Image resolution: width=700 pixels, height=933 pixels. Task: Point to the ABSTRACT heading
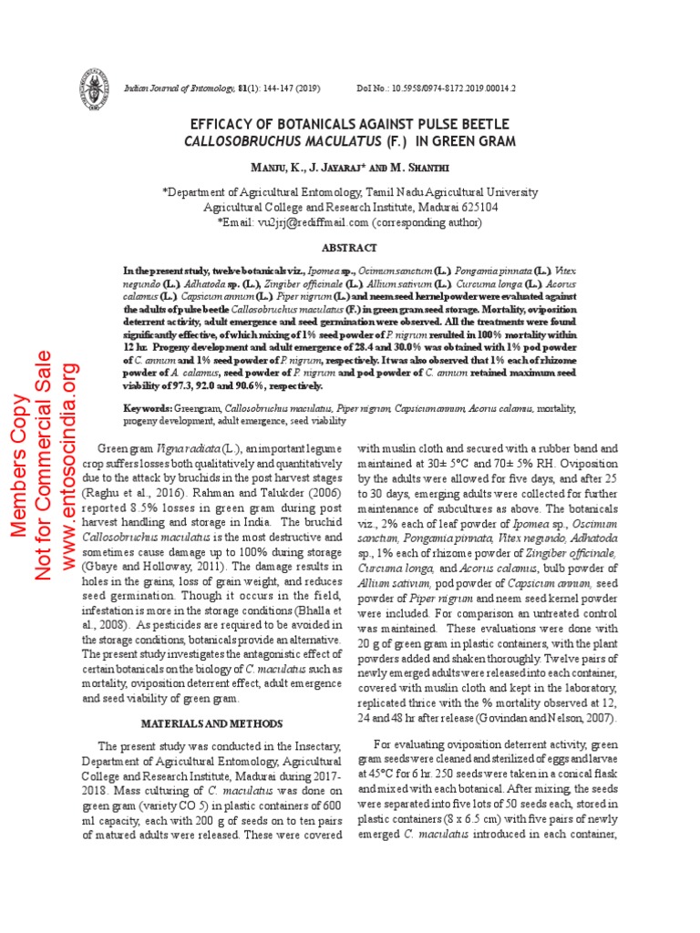point(350,248)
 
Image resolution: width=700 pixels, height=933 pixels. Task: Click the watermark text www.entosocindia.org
point(70,467)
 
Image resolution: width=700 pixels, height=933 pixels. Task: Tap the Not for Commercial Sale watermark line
point(44,468)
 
